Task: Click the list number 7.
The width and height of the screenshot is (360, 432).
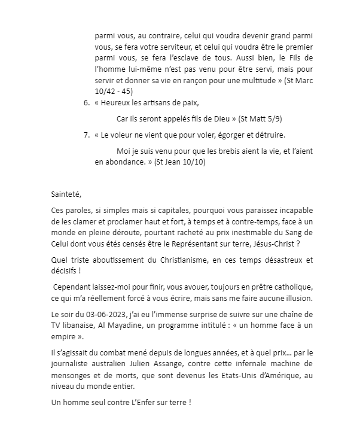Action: point(86,135)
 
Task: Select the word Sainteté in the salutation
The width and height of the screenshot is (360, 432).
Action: point(66,194)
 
